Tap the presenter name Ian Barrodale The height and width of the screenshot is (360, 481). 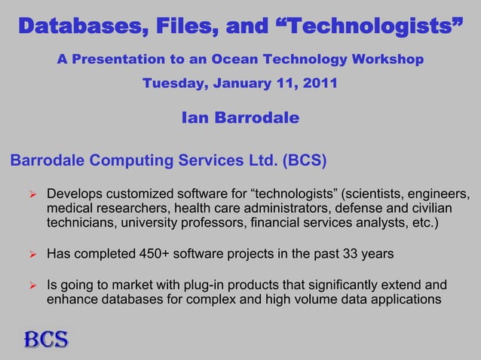point(240,118)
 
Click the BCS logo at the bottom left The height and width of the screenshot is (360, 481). point(45,340)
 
